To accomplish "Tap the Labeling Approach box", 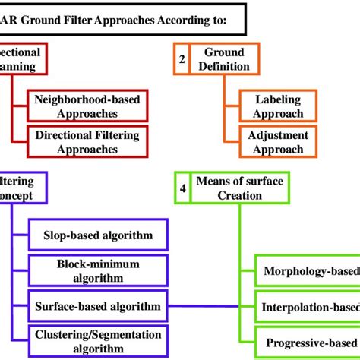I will (278, 106).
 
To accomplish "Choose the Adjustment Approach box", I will (278, 142).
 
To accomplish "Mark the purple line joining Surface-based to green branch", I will (205, 306).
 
